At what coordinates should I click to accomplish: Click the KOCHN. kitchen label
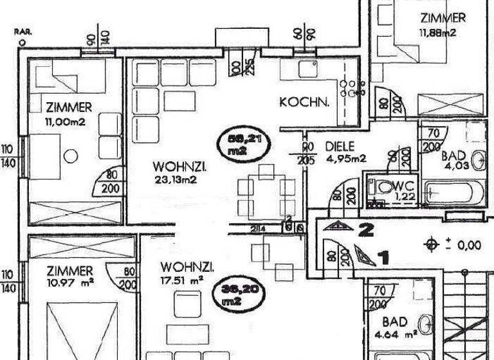[305, 102]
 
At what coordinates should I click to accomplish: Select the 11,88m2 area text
[437, 33]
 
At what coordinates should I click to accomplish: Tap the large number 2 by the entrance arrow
[367, 229]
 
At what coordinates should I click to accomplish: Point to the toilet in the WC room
[380, 186]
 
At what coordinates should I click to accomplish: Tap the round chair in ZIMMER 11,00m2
[71, 155]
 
